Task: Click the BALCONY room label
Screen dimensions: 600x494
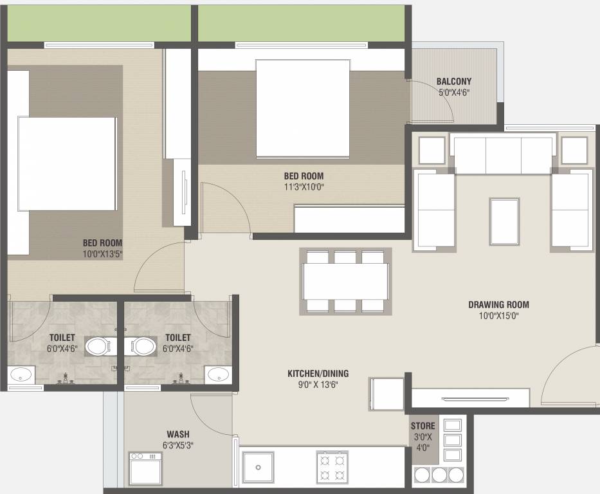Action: [x=454, y=81]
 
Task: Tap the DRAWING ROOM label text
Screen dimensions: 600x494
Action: [x=498, y=305]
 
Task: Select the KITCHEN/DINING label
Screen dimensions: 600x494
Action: [x=318, y=374]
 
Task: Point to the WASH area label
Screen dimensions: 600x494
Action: [x=178, y=434]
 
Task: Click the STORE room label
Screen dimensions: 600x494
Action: [x=423, y=426]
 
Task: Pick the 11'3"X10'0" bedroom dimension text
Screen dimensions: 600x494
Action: [x=304, y=187]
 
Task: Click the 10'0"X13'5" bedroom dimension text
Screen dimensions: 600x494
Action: [x=102, y=253]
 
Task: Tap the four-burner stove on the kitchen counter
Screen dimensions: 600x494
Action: [x=332, y=468]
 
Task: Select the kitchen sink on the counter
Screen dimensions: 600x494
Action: [x=259, y=467]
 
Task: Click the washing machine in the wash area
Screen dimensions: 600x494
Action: [x=145, y=469]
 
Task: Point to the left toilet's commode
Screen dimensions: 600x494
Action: [x=98, y=347]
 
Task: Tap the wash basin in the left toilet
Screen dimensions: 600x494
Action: [x=21, y=374]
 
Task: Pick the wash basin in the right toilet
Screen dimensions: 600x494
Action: [x=218, y=374]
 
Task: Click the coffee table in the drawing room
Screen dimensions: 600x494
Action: [x=504, y=221]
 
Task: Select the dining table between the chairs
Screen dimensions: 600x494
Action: [x=345, y=281]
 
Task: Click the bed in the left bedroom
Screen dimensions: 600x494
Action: [x=67, y=164]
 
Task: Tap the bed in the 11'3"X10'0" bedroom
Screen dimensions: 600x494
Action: [x=303, y=108]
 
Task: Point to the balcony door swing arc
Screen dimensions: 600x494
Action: [x=440, y=96]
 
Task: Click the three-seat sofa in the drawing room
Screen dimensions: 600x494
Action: [x=503, y=153]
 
